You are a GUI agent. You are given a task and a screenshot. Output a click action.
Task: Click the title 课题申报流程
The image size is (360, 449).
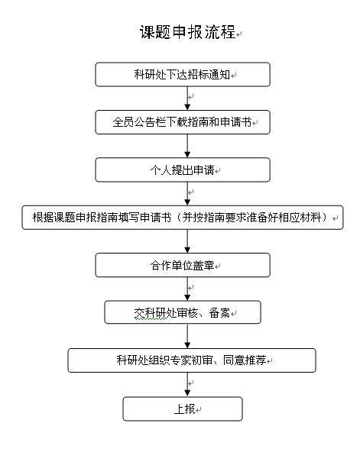[x=187, y=32]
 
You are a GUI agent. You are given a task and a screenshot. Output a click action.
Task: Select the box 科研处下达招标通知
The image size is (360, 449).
[x=183, y=75]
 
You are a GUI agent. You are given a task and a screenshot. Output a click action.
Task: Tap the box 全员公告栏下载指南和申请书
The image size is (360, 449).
[x=183, y=122]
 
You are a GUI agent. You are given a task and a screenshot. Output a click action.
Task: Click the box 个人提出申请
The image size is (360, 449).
[x=183, y=170]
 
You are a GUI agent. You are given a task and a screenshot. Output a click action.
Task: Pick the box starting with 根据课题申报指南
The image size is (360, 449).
[x=183, y=218]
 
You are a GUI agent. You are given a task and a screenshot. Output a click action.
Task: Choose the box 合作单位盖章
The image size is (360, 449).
[x=183, y=265]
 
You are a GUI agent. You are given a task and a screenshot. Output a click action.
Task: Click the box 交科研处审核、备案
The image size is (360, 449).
[x=183, y=312]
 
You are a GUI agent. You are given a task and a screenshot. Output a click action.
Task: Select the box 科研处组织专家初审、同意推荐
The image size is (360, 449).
[x=192, y=360]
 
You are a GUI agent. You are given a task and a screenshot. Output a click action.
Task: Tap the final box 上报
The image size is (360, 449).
[x=183, y=409]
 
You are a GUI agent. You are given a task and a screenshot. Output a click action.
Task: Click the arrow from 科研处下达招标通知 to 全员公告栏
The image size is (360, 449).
[x=187, y=99]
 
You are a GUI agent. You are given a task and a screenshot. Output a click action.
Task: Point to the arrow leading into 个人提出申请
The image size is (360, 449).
[x=187, y=146]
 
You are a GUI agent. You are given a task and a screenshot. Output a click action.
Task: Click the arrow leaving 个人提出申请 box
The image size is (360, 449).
[x=187, y=194]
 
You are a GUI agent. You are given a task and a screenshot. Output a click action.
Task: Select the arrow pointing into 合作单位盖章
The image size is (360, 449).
[x=187, y=241]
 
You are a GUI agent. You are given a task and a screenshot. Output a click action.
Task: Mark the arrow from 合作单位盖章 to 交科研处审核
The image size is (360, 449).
[x=187, y=289]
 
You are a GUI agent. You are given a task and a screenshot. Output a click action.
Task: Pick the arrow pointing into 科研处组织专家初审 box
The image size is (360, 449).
[x=187, y=336]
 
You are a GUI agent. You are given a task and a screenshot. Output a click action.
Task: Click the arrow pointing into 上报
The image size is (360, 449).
[x=187, y=385]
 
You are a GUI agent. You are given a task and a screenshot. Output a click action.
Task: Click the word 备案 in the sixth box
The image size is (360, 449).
[x=219, y=313]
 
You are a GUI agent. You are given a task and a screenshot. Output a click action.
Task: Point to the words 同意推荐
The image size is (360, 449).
[x=245, y=360]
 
